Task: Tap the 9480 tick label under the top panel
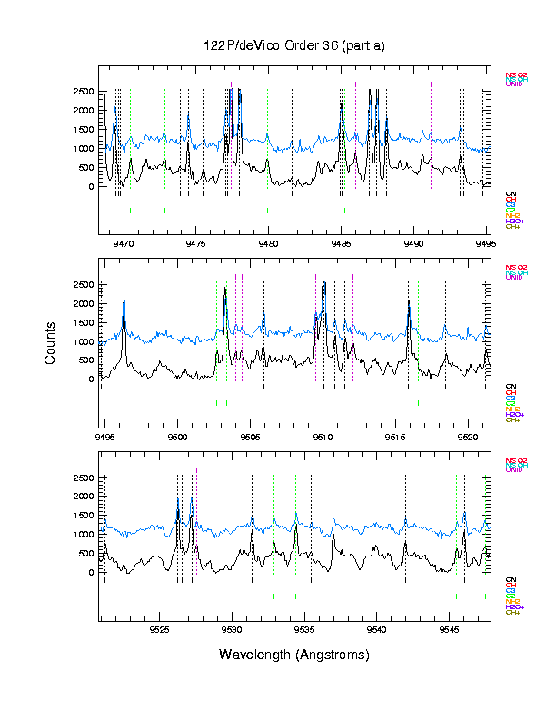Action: point(268,243)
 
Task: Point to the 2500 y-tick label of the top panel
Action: point(82,92)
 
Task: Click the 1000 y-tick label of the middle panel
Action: point(82,342)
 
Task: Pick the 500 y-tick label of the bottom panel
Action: point(87,554)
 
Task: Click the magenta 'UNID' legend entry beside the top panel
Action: point(513,84)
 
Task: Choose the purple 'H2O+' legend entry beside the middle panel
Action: point(513,414)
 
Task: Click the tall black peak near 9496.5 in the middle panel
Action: point(124,300)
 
